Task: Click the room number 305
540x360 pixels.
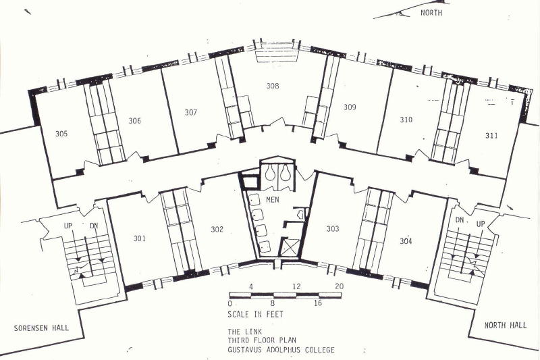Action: pyautogui.click(x=61, y=134)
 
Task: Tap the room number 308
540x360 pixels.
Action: pyautogui.click(x=273, y=86)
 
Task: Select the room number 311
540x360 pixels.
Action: pyautogui.click(x=491, y=135)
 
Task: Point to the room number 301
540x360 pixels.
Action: pyautogui.click(x=140, y=238)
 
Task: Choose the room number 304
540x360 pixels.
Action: pyautogui.click(x=406, y=241)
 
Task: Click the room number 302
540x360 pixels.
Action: pyautogui.click(x=217, y=229)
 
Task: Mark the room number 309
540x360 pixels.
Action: pyautogui.click(x=350, y=107)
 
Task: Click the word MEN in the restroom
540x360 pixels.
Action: pyautogui.click(x=273, y=199)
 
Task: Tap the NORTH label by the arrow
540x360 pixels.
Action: pyautogui.click(x=431, y=13)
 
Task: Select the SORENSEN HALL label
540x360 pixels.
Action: pyautogui.click(x=41, y=328)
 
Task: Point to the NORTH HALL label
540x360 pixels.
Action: pyautogui.click(x=506, y=325)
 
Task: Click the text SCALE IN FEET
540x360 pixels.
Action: pyautogui.click(x=255, y=314)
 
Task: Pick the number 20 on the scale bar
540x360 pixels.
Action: pyautogui.click(x=340, y=286)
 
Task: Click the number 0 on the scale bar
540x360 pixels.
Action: pyautogui.click(x=230, y=303)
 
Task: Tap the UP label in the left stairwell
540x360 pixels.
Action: pyautogui.click(x=68, y=226)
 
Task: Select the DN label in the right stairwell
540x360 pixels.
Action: pyautogui.click(x=460, y=220)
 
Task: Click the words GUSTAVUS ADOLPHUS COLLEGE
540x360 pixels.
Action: pyautogui.click(x=281, y=350)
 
